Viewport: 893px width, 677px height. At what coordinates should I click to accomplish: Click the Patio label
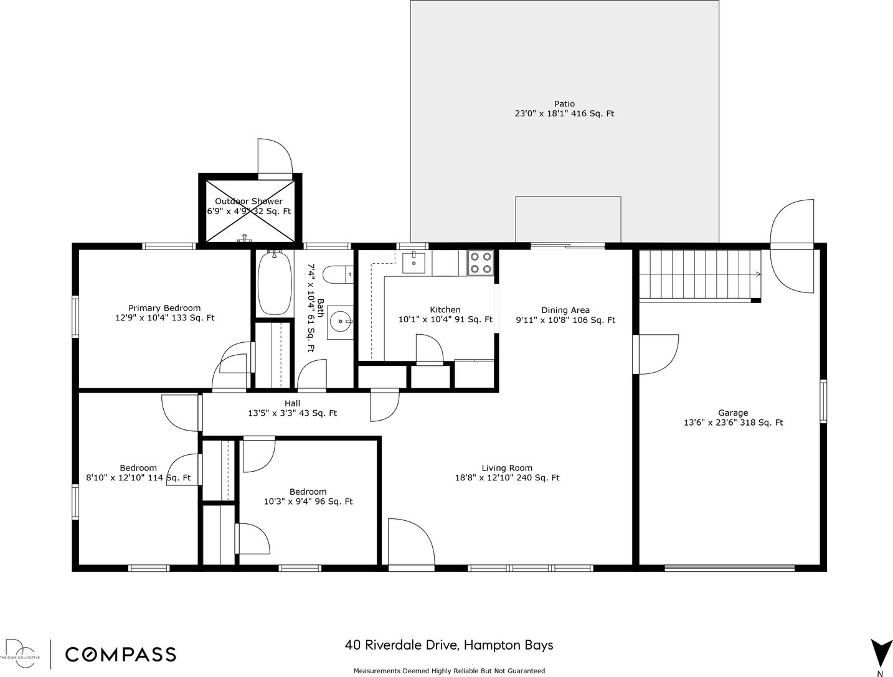click(x=564, y=104)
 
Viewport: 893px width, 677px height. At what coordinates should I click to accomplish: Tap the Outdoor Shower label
click(x=248, y=201)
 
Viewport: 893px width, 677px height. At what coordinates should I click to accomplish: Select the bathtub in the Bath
click(x=275, y=283)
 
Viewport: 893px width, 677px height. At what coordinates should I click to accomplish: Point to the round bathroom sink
click(x=340, y=322)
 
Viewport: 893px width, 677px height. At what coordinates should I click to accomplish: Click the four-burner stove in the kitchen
click(x=480, y=263)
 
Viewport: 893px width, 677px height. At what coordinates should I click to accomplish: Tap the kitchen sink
click(x=413, y=263)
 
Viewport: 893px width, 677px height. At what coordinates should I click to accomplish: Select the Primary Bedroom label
click(x=164, y=308)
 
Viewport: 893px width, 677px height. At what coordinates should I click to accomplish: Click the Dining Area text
click(x=565, y=310)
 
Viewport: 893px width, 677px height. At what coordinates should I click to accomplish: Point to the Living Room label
click(x=507, y=468)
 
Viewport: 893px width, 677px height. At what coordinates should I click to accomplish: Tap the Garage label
click(x=733, y=413)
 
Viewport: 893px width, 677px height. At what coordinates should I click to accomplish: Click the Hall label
click(x=292, y=403)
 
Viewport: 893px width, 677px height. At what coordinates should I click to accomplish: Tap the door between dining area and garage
click(x=655, y=354)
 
